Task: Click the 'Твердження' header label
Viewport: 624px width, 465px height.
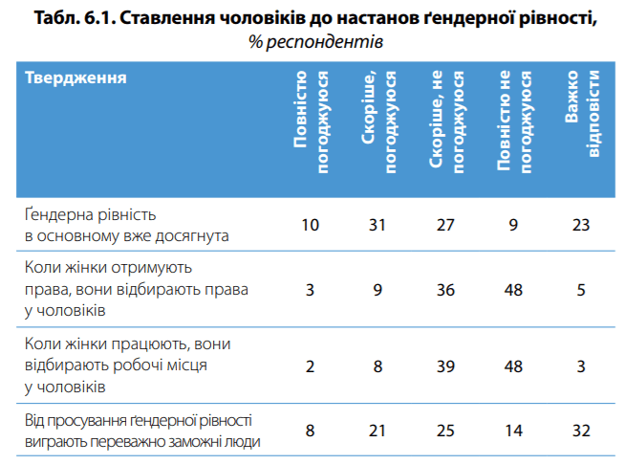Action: (75, 77)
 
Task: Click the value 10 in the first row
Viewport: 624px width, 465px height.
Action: (310, 226)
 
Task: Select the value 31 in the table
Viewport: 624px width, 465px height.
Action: (378, 226)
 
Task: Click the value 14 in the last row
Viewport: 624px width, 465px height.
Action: (514, 430)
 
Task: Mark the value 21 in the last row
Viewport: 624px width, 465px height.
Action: (378, 430)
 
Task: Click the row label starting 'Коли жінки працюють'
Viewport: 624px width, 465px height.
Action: (127, 365)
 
